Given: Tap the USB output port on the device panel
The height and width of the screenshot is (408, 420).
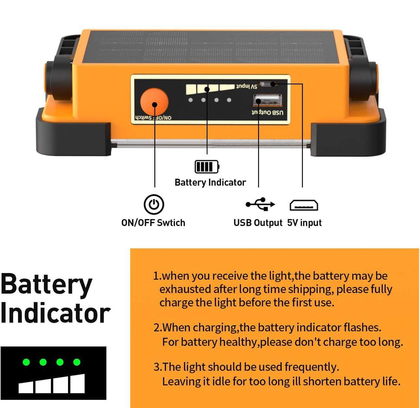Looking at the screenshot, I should [x=267, y=100].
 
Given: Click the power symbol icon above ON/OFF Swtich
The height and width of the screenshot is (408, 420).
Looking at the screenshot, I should [x=154, y=204].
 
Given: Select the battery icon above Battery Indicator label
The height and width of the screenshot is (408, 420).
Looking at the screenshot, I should [x=207, y=167].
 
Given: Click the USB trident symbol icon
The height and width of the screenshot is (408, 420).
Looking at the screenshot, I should [x=260, y=204].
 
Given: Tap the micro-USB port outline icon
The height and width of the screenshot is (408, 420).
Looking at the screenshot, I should [x=304, y=205].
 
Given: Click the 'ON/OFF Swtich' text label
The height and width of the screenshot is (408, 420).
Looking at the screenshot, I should [x=153, y=223].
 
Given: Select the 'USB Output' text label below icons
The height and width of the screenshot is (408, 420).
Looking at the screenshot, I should [x=258, y=223].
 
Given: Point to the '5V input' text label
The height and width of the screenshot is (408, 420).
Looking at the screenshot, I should [x=305, y=223].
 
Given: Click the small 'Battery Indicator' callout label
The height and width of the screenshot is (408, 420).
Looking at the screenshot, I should [x=210, y=182].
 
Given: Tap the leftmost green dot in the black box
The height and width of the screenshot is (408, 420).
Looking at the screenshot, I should [x=26, y=362].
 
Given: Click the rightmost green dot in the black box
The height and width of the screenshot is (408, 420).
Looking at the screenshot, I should [x=77, y=362].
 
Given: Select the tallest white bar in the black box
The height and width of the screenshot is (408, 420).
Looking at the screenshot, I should [x=78, y=384].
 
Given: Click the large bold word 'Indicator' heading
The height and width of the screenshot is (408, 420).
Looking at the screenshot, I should [x=55, y=313].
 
